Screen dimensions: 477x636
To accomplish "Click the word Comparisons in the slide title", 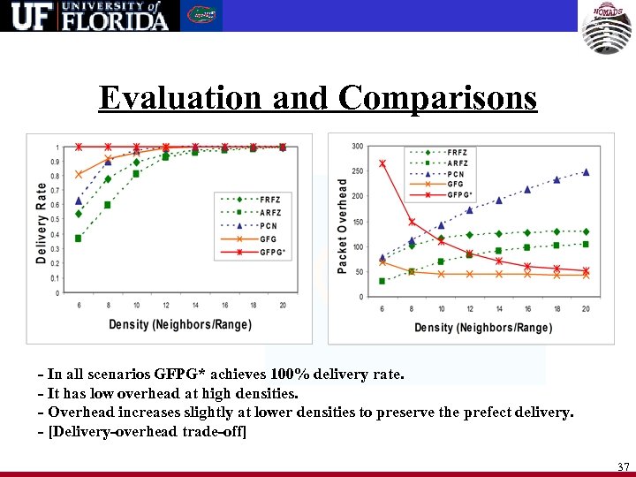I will click(436, 97).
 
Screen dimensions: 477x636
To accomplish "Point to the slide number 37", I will click(623, 466).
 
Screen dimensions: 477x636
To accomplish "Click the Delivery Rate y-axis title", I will click(41, 221).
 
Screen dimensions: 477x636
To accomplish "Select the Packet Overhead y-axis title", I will click(343, 225).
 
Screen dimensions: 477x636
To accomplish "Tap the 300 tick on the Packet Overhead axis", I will click(358, 146).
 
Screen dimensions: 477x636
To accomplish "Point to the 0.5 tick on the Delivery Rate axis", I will click(57, 220).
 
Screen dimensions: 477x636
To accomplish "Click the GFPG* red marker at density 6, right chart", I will click(382, 163).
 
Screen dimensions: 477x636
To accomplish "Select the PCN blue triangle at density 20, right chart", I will click(586, 172).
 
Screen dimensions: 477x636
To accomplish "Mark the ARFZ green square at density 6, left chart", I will click(79, 238).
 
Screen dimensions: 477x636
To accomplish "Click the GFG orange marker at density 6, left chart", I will click(79, 174).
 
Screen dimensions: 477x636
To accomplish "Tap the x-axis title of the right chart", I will click(483, 328).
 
